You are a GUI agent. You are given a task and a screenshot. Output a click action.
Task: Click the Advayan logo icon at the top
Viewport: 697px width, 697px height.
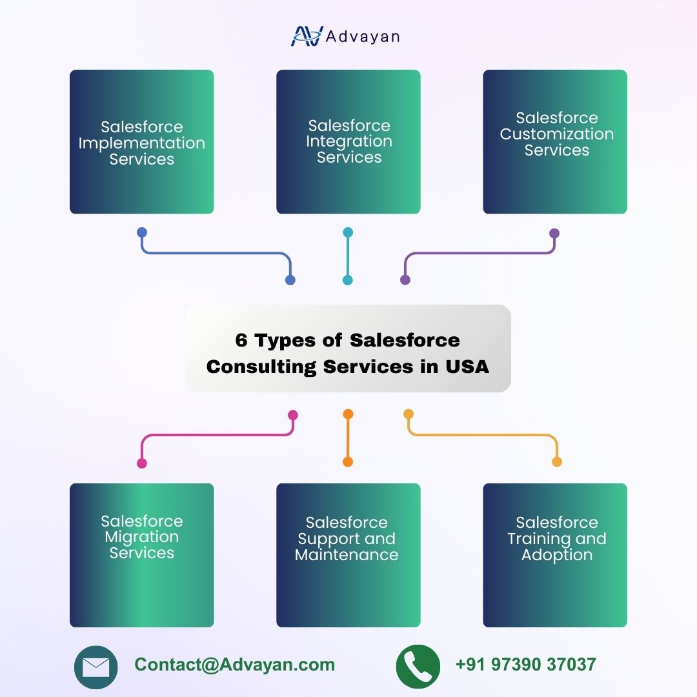[x=306, y=36]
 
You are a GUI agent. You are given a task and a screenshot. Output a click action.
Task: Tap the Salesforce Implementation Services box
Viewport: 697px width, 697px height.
[x=142, y=142]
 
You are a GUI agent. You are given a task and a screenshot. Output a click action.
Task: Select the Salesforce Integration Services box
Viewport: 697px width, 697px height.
[x=348, y=142]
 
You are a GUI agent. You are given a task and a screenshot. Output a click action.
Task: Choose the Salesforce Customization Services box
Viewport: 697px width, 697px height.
[x=555, y=142]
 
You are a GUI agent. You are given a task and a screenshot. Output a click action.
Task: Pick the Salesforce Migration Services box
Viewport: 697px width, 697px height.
[x=142, y=555]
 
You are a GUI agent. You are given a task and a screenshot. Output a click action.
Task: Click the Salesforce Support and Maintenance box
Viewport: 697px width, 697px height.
[x=348, y=555]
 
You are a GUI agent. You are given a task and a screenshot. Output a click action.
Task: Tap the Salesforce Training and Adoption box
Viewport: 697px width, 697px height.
[x=555, y=555]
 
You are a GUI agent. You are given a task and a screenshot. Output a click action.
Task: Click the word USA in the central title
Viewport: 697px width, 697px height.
[x=467, y=367]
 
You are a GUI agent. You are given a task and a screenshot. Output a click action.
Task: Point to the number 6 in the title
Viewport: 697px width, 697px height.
[x=241, y=340]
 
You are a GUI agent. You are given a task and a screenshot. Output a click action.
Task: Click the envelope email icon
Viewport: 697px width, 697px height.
[x=96, y=667]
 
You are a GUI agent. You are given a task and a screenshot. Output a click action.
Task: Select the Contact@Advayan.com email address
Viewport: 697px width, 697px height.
[x=235, y=665]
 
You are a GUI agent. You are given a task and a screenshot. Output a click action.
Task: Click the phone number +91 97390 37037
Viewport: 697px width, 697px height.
[x=525, y=665]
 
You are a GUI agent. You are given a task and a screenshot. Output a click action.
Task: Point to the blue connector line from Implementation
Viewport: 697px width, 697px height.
[x=213, y=253]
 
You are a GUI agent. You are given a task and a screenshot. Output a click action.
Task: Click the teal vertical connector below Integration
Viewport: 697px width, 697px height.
[x=348, y=256]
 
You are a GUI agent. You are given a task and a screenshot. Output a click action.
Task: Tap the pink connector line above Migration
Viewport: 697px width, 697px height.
[x=217, y=436]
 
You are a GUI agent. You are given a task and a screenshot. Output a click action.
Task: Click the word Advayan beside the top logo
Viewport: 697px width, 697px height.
[x=363, y=37]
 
